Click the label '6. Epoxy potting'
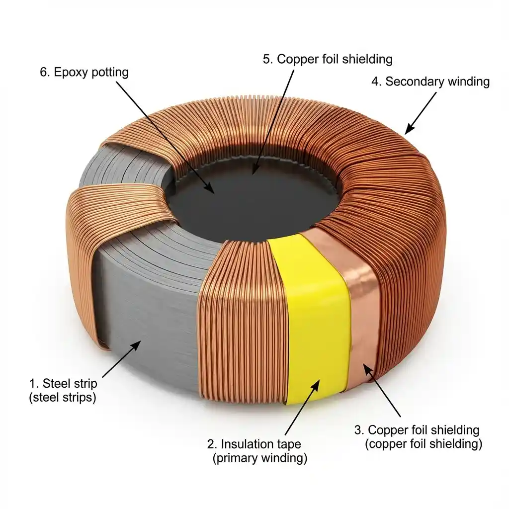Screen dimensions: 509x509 tap(84, 72)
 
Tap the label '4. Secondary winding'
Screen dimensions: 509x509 tap(430, 82)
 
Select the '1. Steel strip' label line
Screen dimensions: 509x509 tap(63, 384)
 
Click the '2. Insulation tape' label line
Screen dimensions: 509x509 tap(254, 444)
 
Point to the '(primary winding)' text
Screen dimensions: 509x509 tap(259, 458)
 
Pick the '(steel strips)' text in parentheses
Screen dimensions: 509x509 tap(63, 398)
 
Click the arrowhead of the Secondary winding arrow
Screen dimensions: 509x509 tap(407, 132)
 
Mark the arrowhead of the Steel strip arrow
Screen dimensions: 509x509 tap(139, 343)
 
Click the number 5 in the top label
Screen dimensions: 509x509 tap(267, 59)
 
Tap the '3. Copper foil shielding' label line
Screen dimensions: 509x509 tap(417, 430)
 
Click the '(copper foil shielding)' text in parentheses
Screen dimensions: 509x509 tap(424, 444)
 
